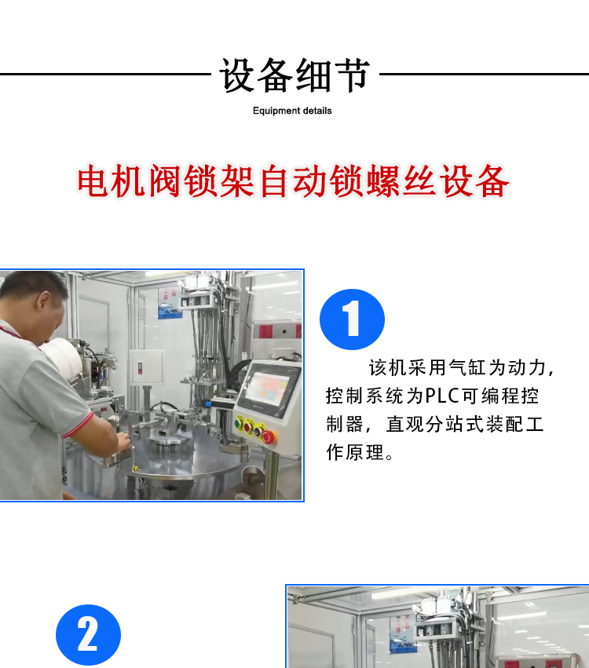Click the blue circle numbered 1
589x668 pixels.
(352, 319)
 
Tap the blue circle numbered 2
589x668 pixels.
(88, 635)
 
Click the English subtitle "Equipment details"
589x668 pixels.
(292, 111)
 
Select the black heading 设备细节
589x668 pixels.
(294, 75)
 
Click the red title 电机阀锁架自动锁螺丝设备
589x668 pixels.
(293, 181)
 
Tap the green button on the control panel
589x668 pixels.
(239, 423)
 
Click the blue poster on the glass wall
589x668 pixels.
(170, 303)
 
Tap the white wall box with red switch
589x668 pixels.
(147, 367)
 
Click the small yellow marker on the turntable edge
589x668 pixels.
(136, 468)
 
